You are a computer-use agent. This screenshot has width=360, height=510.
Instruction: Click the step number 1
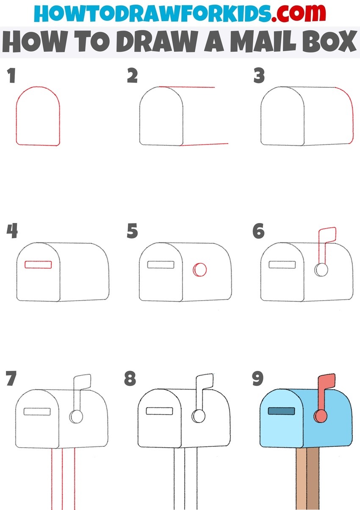[11, 75]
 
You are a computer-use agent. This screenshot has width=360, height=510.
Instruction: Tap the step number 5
[132, 231]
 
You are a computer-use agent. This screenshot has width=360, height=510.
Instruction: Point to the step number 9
[258, 379]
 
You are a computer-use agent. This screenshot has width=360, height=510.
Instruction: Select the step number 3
[259, 75]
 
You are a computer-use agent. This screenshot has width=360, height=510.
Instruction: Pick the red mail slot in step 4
[38, 265]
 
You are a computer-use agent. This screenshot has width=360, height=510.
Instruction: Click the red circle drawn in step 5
[200, 270]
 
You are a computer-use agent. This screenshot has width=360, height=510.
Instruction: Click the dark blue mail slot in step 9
[282, 411]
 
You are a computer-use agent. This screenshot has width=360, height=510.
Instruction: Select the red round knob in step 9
[321, 416]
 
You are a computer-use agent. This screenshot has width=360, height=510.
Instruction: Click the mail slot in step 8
[159, 411]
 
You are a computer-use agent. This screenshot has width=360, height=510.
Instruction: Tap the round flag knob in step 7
[76, 416]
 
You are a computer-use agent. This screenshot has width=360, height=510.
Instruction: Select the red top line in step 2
[187, 87]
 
